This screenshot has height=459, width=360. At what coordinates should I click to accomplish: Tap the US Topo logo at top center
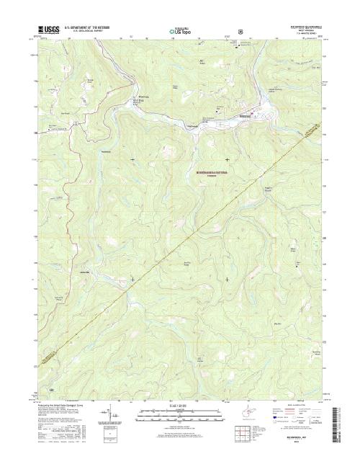point(180,32)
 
